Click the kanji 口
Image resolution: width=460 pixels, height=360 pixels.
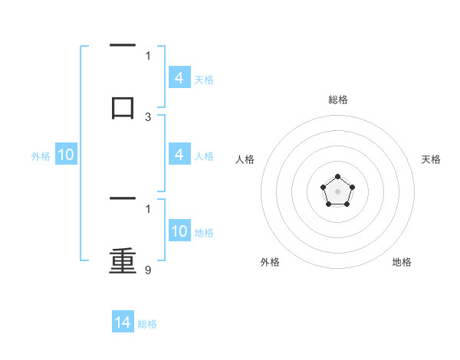click(123, 106)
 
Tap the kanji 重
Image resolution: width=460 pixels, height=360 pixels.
click(123, 261)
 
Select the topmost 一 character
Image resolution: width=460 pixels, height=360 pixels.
click(123, 46)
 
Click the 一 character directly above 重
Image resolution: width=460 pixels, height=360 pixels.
click(123, 200)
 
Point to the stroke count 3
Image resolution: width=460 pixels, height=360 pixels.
click(148, 117)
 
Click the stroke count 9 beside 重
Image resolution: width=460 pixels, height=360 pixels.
click(148, 270)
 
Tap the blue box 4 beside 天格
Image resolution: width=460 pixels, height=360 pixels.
click(179, 78)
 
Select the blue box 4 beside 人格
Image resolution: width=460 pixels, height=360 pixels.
click(179, 155)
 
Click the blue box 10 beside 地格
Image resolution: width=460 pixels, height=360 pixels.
click(179, 231)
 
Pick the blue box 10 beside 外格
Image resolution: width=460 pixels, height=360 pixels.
click(66, 155)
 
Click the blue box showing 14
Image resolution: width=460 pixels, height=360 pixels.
click(123, 322)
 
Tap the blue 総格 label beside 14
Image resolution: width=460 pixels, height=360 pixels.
click(147, 324)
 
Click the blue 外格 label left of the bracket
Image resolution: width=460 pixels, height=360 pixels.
click(41, 156)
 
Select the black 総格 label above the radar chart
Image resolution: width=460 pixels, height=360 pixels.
click(337, 100)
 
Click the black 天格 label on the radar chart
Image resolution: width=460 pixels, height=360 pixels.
click(431, 159)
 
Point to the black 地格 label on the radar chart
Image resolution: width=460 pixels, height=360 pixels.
click(402, 262)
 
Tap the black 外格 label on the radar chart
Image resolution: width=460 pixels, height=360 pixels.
click(270, 262)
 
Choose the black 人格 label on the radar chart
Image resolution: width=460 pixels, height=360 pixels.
click(245, 159)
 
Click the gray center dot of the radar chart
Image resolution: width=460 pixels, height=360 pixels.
click(337, 190)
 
